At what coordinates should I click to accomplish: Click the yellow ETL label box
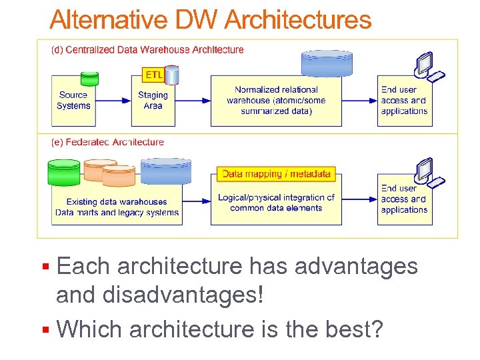(x=154, y=73)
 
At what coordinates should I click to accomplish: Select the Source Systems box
(x=73, y=101)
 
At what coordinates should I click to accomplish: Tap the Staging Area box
(x=153, y=101)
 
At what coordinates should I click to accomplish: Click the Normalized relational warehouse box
(x=276, y=101)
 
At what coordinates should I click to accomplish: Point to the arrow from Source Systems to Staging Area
(x=114, y=101)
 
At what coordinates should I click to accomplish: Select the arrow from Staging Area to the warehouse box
(x=193, y=101)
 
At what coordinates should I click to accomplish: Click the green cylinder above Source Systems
(x=89, y=79)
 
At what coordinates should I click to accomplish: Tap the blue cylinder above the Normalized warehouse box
(x=327, y=63)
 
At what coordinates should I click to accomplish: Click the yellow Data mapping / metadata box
(x=276, y=174)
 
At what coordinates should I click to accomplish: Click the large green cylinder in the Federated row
(x=65, y=173)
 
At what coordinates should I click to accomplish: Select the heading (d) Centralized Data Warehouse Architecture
(x=148, y=49)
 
